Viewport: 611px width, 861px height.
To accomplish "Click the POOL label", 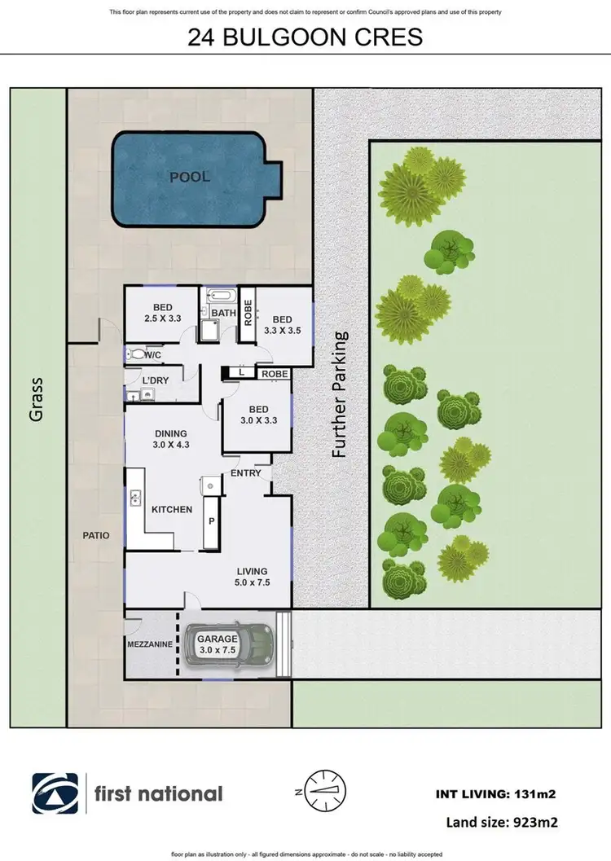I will pyautogui.click(x=189, y=177).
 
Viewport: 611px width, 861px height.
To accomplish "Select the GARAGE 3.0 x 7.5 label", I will pyautogui.click(x=216, y=645).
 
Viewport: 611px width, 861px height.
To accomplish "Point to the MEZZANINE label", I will pyautogui.click(x=150, y=644).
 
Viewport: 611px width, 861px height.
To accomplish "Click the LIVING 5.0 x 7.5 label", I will pyautogui.click(x=252, y=577).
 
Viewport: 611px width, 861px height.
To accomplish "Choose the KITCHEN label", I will pyautogui.click(x=172, y=510).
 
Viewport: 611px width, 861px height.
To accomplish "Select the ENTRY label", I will pyautogui.click(x=246, y=473).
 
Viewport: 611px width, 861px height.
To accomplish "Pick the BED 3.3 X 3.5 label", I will pyautogui.click(x=282, y=326).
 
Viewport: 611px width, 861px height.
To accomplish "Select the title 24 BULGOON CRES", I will pyautogui.click(x=305, y=38).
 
